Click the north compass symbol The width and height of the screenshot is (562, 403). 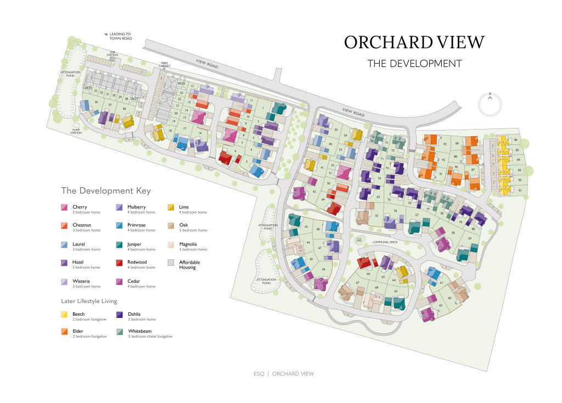pos(490,104)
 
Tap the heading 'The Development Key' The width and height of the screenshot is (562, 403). pos(105,191)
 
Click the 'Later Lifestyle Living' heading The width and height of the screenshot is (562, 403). pos(89,301)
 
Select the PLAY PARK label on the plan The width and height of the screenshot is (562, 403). pos(359,239)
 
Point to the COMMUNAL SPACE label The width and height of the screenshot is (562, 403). pos(384,242)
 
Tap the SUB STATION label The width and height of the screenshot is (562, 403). pos(112,54)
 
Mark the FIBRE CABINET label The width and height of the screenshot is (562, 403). pos(165,65)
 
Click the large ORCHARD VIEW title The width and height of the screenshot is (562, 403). pos(414,42)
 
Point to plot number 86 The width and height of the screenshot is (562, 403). pos(516,140)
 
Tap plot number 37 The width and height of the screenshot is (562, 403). pos(110,105)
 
